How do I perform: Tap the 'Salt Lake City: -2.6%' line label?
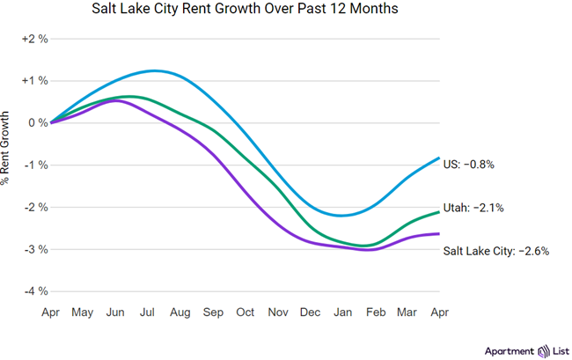click(496, 251)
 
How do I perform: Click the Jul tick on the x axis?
click(149, 312)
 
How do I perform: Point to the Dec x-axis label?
click(309, 312)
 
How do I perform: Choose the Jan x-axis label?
click(342, 312)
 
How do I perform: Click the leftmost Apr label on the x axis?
click(51, 312)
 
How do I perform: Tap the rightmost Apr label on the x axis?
click(439, 312)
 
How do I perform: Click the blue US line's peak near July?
click(155, 70)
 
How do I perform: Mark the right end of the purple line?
click(439, 233)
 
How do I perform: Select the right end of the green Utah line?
click(439, 212)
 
